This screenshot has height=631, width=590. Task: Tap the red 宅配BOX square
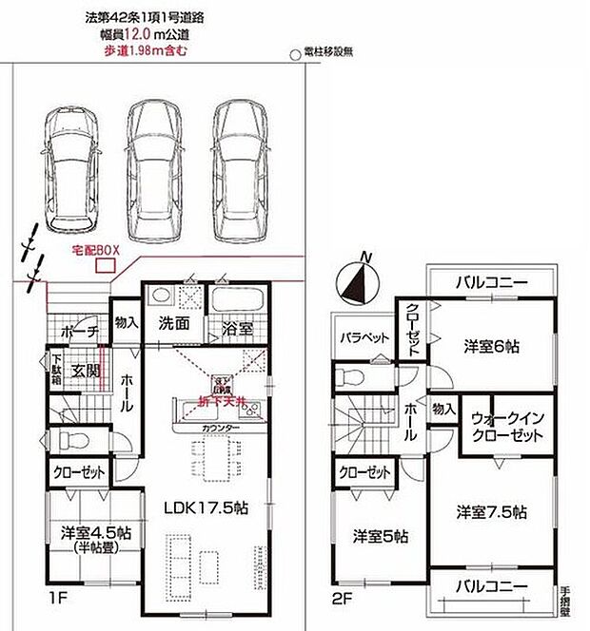(x=100, y=266)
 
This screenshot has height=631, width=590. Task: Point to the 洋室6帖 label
(x=497, y=344)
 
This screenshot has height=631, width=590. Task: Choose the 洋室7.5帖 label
(x=490, y=512)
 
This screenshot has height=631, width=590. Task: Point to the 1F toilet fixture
(x=67, y=440)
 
